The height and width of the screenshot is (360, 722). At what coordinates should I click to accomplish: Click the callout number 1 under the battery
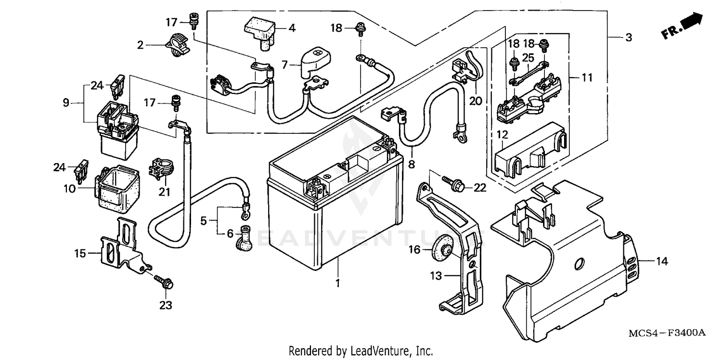[337, 283]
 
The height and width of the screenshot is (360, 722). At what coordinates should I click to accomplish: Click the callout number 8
[411, 164]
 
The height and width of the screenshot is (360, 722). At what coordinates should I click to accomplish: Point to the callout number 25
[529, 58]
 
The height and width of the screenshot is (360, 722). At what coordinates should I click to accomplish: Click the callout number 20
[476, 101]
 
